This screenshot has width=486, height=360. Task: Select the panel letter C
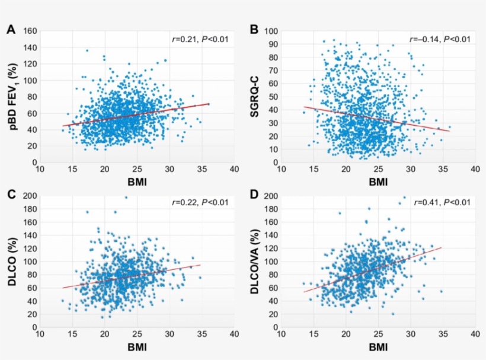click(x=10, y=195)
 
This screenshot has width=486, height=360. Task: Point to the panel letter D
click(x=254, y=195)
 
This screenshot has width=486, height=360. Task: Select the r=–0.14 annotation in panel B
click(x=440, y=40)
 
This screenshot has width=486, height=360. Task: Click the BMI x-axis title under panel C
click(x=136, y=347)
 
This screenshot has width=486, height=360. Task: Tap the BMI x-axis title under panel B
click(x=378, y=183)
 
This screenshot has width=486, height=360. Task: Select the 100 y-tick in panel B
click(x=273, y=31)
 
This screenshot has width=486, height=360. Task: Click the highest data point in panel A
click(x=87, y=50)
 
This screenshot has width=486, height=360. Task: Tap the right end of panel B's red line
click(x=449, y=131)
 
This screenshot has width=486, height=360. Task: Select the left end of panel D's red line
click(x=304, y=292)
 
